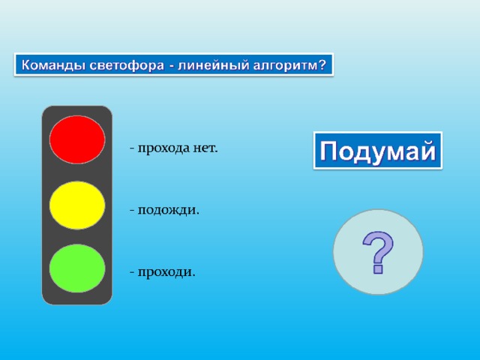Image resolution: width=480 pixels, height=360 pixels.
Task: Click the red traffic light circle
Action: [77, 139]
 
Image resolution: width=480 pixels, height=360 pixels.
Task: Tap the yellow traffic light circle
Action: [77, 205]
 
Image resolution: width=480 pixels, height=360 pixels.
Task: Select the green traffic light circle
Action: [77, 268]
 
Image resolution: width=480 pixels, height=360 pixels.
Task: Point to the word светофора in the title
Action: [127, 66]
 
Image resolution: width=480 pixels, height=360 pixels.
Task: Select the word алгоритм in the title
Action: [286, 66]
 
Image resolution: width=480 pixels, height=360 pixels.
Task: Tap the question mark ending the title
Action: [322, 64]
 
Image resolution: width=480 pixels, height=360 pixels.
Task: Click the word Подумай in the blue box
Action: [378, 151]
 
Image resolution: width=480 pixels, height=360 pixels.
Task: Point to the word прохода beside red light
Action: [163, 148]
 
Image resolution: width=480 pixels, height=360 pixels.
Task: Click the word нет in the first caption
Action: [205, 148]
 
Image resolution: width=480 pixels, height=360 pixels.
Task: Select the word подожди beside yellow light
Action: [168, 211]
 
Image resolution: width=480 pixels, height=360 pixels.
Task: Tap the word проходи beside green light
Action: [166, 272]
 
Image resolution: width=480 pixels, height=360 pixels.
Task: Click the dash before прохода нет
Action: [132, 148]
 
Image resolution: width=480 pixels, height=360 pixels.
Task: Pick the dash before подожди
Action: [132, 211]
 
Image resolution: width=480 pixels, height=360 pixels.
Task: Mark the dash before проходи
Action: [132, 272]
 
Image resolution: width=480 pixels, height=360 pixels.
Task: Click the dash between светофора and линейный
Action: [172, 67]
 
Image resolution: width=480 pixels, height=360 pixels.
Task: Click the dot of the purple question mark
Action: [378, 269]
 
